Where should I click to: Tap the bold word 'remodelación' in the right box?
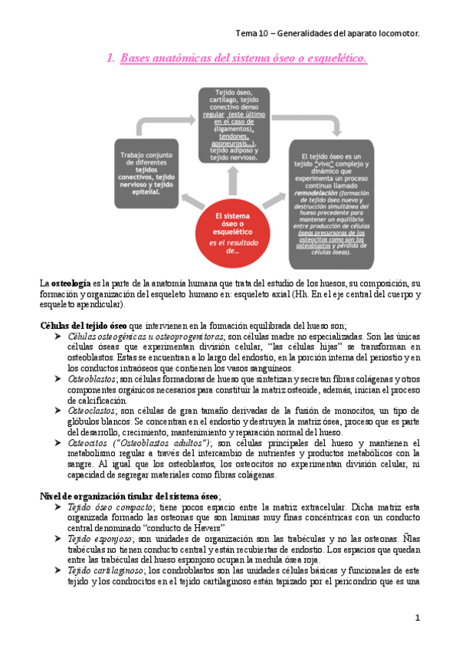click(x=314, y=195)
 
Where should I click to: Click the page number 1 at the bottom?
click(x=418, y=617)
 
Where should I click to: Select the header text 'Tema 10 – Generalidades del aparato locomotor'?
click(x=327, y=34)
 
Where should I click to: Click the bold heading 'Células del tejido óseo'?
click(x=84, y=325)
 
